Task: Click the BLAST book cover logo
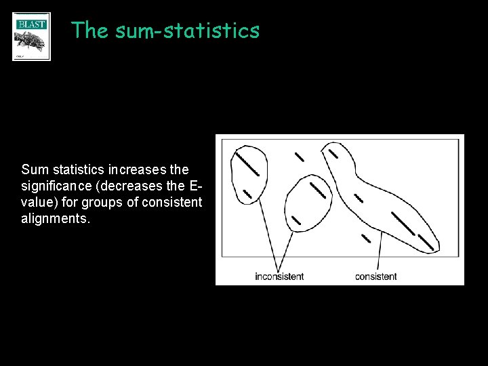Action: [x=31, y=37]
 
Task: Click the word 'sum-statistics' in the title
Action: [x=188, y=30]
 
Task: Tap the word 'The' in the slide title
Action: [x=89, y=30]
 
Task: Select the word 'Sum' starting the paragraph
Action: [x=35, y=169]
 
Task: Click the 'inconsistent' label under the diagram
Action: [x=279, y=277]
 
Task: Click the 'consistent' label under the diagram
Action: [x=376, y=277]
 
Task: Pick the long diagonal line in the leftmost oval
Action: [x=247, y=163]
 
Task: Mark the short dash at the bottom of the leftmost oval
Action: [x=247, y=193]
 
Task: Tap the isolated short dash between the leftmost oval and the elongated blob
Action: [x=299, y=157]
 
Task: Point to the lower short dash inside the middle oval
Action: [x=296, y=220]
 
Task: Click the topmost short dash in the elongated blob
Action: [x=333, y=153]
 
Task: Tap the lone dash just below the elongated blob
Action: [x=366, y=238]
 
